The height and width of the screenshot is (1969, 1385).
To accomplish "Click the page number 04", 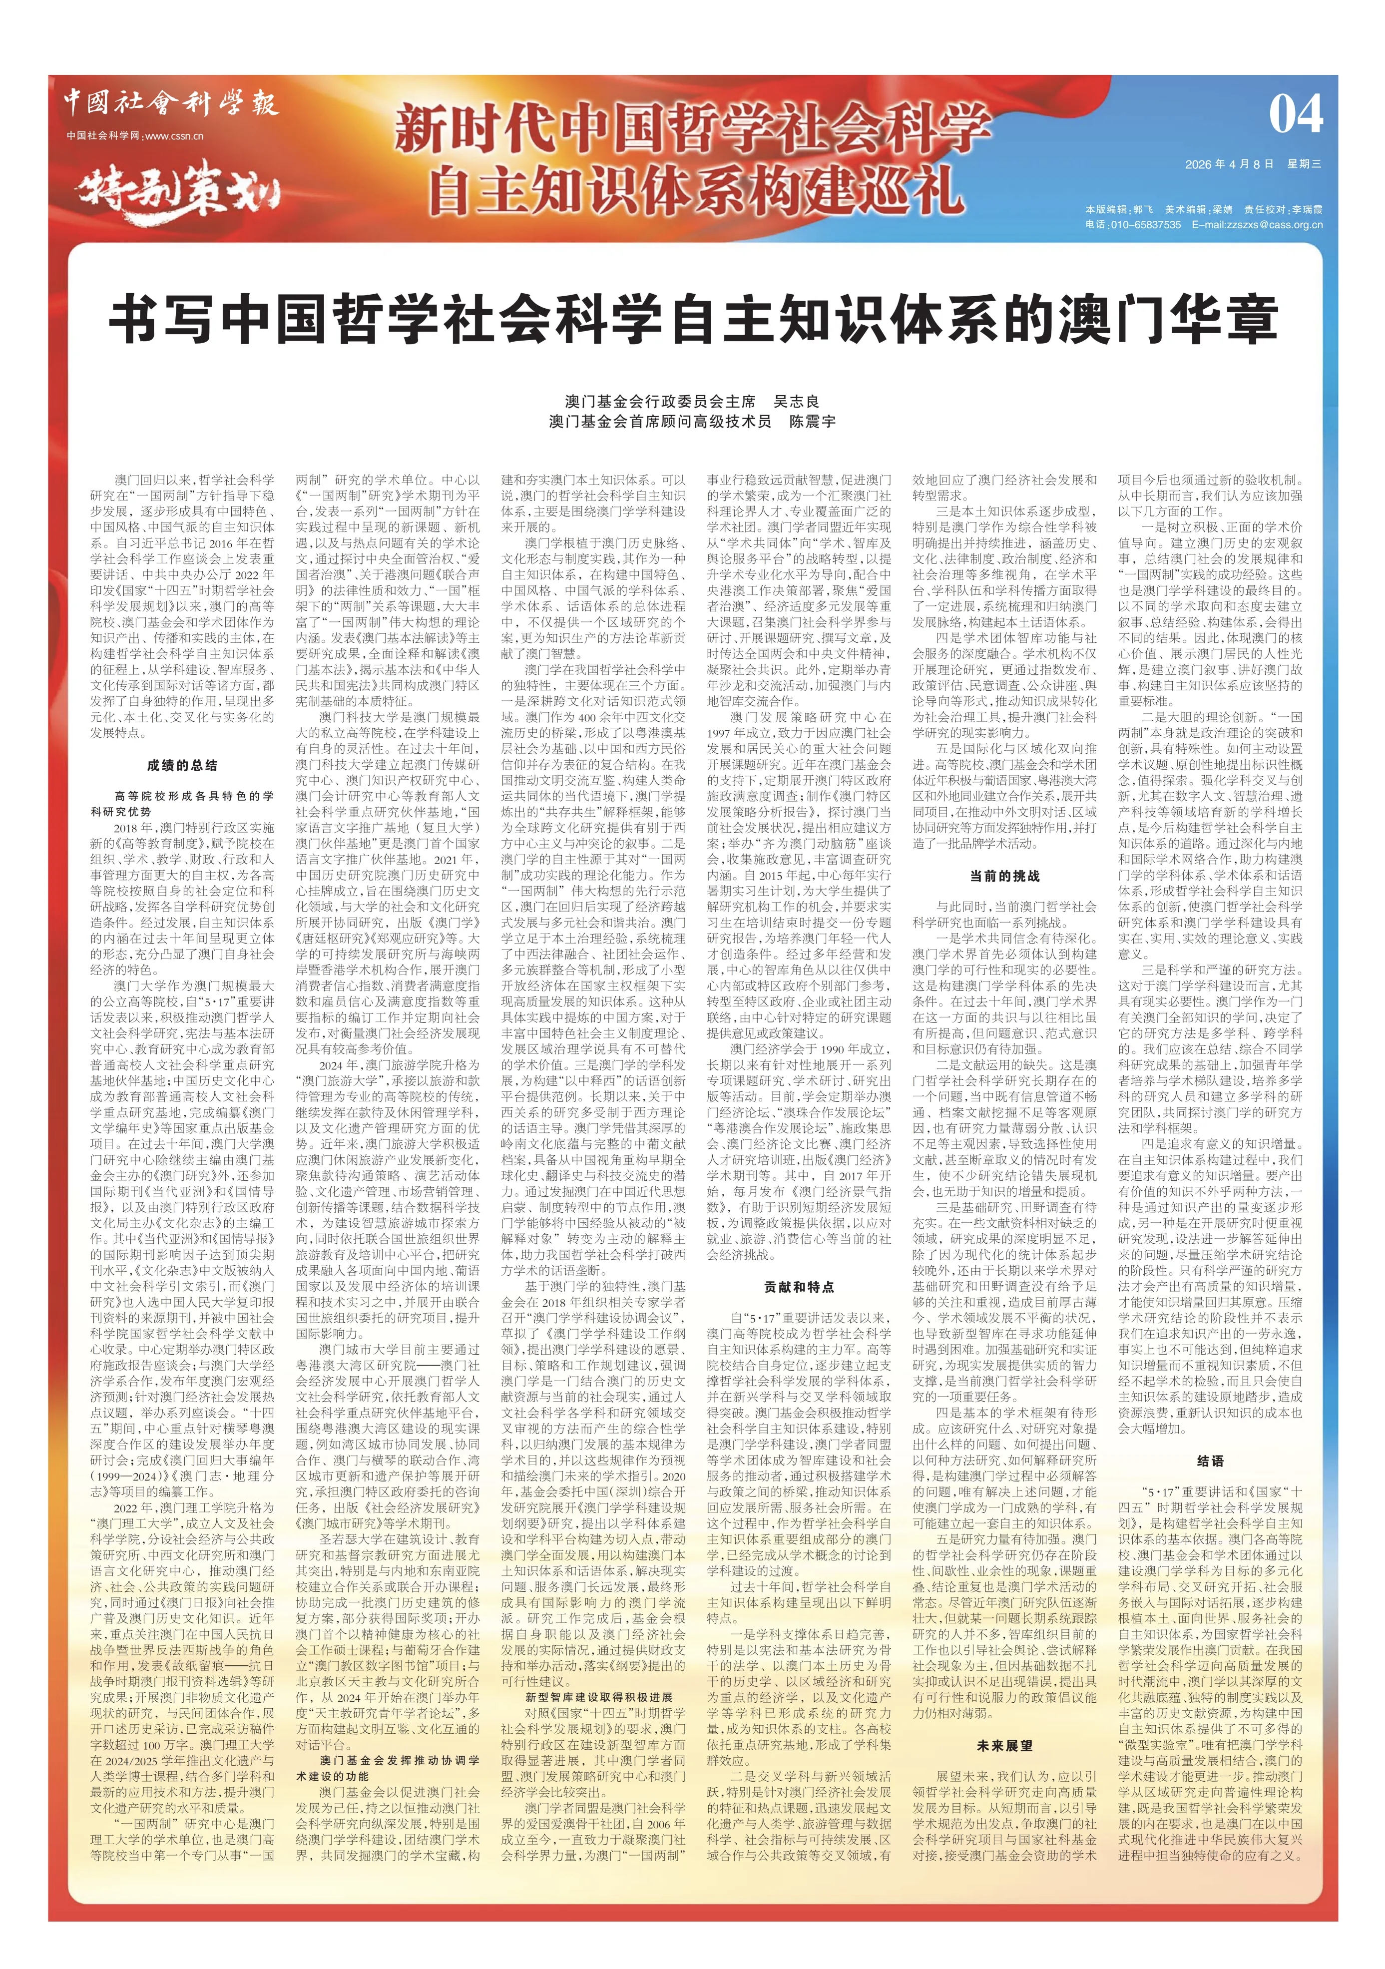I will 1295,114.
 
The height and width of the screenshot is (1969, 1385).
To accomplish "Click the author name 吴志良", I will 798,402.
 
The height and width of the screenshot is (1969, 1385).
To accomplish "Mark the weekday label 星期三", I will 1305,164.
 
